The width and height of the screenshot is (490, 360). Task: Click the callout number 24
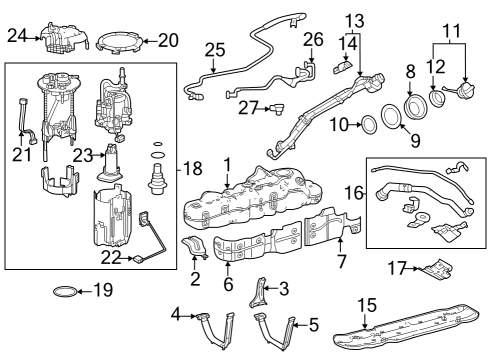pos(15,37)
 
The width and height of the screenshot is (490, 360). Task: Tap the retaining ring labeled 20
pos(120,41)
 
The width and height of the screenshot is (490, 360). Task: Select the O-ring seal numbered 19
pos(62,292)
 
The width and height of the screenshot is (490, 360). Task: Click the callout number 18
pos(192,171)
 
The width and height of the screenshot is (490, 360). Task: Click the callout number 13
pos(355,21)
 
